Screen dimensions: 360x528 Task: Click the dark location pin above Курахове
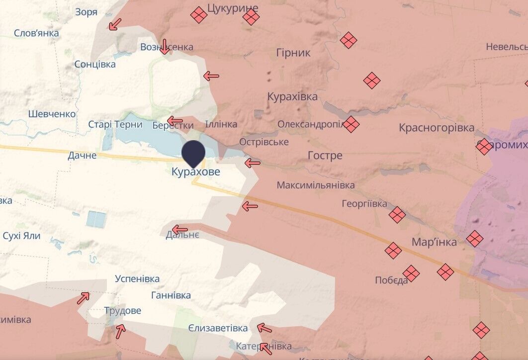(x=193, y=153)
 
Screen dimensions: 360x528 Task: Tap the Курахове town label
(x=195, y=172)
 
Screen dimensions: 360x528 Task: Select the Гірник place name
(x=293, y=53)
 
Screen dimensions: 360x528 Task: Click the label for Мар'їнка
(x=434, y=242)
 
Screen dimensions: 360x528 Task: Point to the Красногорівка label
(x=437, y=128)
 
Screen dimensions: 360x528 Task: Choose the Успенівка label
(x=137, y=278)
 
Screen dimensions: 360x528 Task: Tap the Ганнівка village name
(x=171, y=295)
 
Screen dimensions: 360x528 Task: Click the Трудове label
(x=122, y=311)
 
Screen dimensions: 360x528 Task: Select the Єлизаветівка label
(x=218, y=329)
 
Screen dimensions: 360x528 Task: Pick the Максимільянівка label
(x=316, y=185)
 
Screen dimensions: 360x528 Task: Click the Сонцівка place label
(x=95, y=64)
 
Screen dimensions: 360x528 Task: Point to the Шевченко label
(x=52, y=114)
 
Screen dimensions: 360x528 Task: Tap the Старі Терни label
(x=115, y=125)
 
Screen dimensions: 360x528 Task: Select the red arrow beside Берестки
(x=175, y=120)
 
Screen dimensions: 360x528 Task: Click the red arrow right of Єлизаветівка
(x=264, y=328)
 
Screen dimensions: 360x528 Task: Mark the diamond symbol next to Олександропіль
(x=351, y=124)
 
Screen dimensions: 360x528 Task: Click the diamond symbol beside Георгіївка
(x=397, y=215)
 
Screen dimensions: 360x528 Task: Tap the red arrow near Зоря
(x=115, y=24)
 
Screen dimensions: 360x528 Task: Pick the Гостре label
(x=325, y=156)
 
